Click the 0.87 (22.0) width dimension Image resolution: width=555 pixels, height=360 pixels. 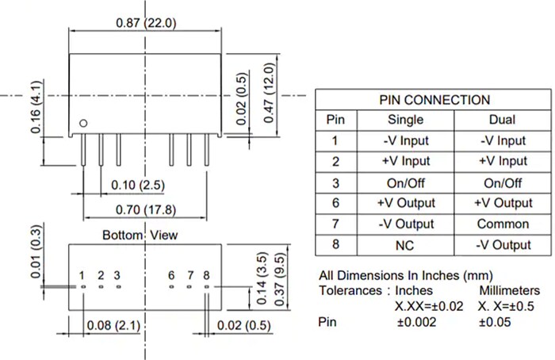click(145, 24)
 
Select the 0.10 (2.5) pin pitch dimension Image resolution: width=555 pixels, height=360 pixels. click(138, 185)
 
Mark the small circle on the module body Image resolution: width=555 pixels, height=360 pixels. click(83, 123)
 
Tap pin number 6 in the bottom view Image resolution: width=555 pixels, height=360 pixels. click(171, 275)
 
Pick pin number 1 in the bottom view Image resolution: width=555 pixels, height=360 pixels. click(82, 275)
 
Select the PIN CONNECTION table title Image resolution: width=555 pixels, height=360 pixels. click(434, 100)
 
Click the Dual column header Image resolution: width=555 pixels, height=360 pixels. click(502, 121)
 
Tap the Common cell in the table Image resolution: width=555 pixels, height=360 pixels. click(502, 224)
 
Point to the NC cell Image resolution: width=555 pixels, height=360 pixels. click(405, 245)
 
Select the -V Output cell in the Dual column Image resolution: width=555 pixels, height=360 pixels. click(502, 245)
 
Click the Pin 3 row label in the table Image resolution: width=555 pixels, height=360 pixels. click(335, 182)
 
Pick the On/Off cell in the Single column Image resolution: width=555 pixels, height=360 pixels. click(405, 182)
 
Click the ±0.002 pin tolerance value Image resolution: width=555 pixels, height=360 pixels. click(417, 323)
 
